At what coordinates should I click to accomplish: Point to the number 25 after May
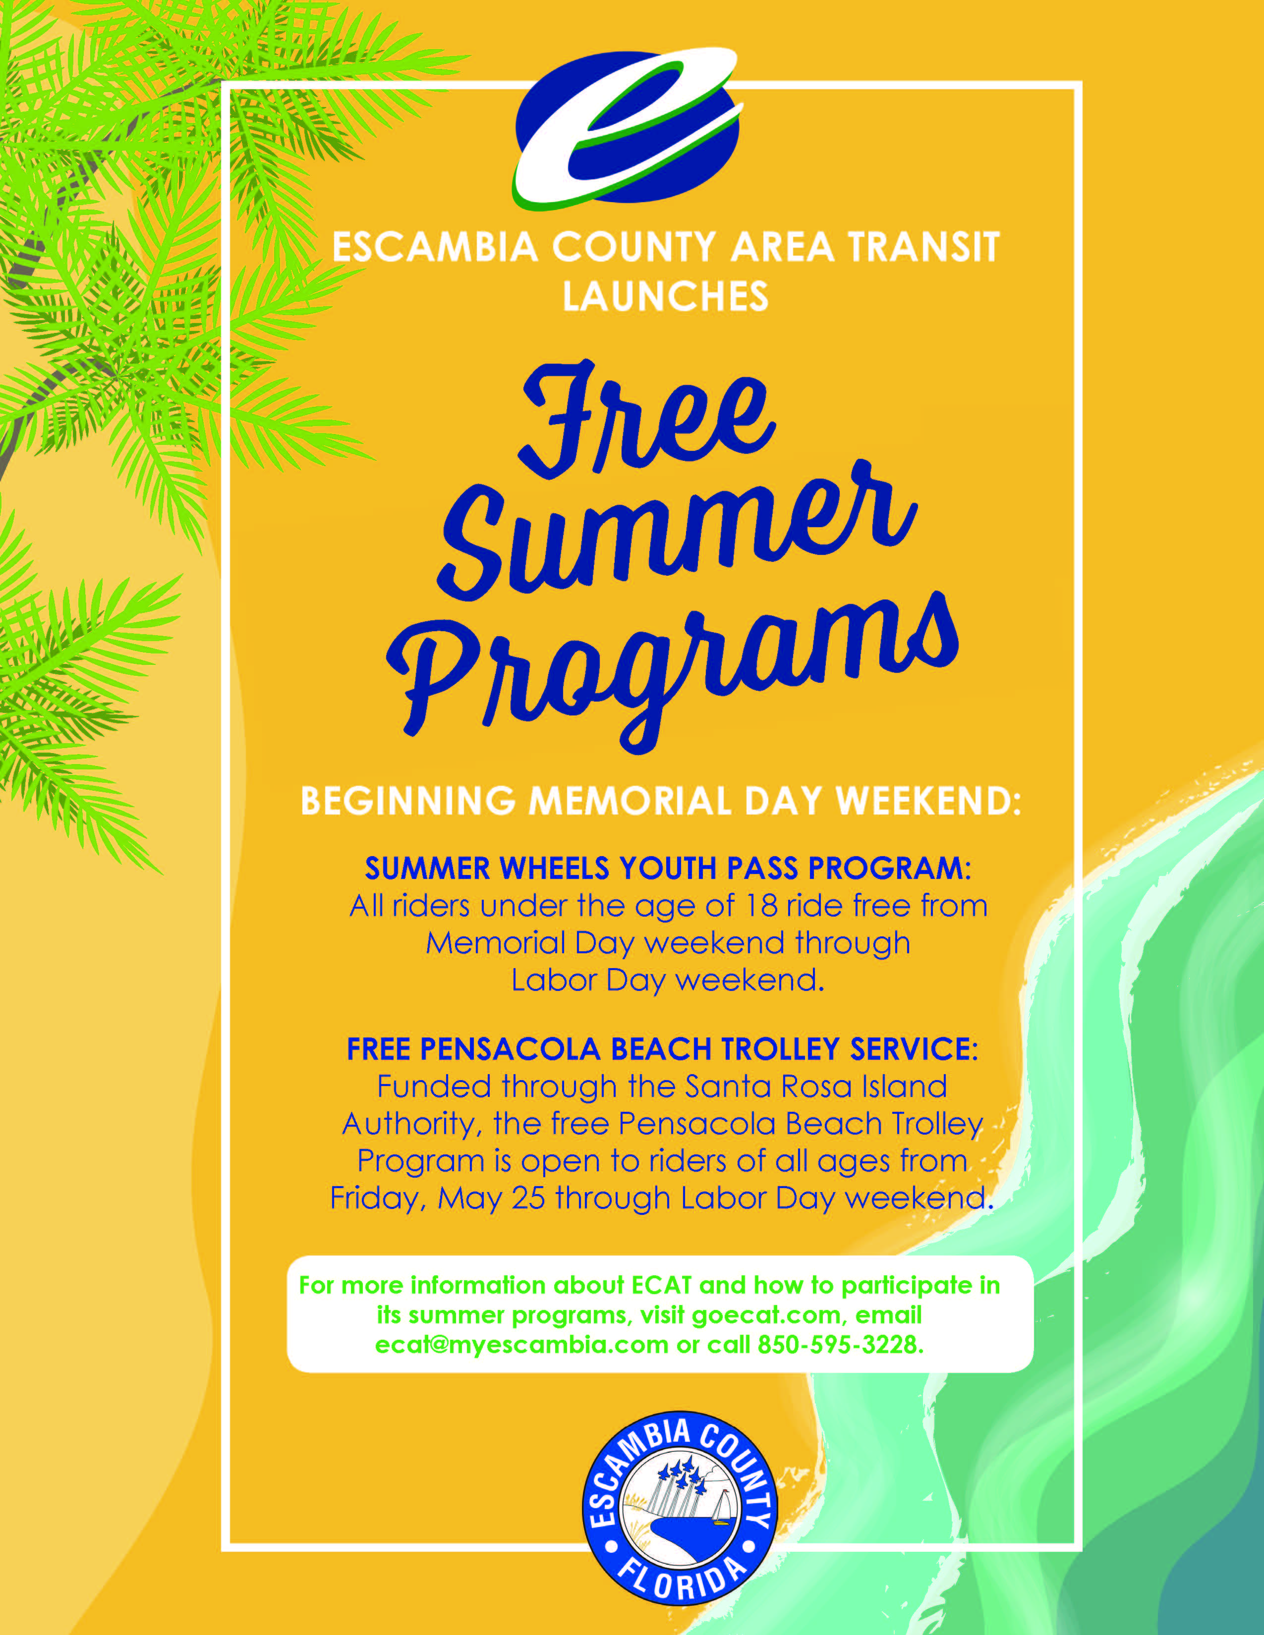529,1198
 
